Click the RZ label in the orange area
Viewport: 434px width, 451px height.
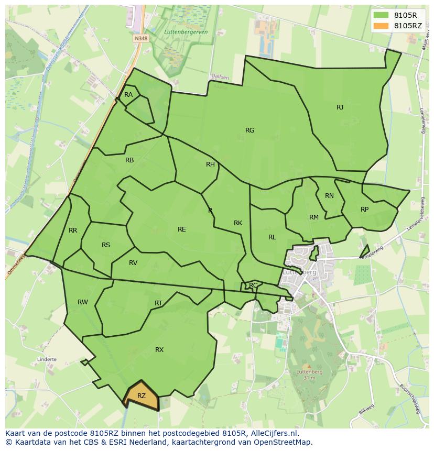142,396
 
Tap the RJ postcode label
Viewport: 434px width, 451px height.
340,107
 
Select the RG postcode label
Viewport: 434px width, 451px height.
249,130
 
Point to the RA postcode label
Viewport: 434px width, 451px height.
128,95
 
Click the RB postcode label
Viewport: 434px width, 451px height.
129,160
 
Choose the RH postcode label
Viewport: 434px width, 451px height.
210,164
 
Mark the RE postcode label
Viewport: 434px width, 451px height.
181,229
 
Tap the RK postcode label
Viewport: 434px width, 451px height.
238,223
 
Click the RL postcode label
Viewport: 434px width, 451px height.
272,237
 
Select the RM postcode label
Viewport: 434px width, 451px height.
314,217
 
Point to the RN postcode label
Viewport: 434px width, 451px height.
329,196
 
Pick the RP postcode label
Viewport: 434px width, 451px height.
364,209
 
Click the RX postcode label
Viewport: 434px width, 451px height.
159,350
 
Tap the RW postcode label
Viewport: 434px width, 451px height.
83,302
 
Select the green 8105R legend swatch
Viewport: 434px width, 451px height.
381,15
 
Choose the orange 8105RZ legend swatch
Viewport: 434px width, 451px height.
381,25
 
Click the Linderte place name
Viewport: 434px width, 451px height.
47,360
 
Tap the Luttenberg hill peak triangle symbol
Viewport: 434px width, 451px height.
309,367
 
